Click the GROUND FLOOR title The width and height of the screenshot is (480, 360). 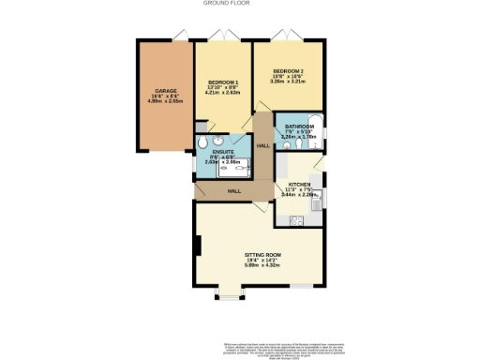(239, 4)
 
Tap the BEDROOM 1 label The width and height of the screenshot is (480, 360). (222, 82)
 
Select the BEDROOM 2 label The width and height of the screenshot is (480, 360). (289, 71)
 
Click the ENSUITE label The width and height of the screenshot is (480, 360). (223, 150)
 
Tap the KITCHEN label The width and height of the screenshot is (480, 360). (300, 185)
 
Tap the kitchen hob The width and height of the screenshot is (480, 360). (297, 222)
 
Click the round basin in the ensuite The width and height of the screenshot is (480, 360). (202, 143)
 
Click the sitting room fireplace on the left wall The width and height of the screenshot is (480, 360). (198, 247)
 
